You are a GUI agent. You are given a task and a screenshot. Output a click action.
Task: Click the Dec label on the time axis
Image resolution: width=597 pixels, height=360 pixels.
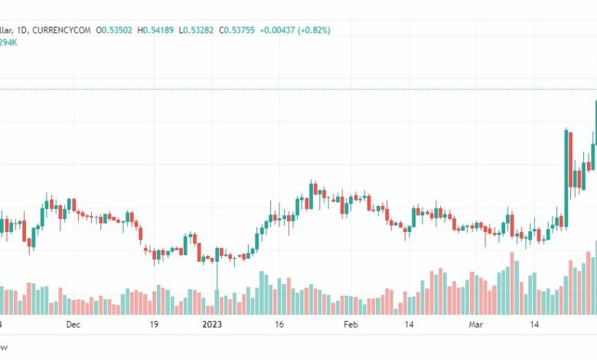[73, 325]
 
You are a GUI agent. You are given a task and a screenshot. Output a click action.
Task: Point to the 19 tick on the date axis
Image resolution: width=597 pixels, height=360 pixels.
[154, 325]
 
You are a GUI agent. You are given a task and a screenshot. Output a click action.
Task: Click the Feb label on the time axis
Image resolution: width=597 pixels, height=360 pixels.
[351, 325]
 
